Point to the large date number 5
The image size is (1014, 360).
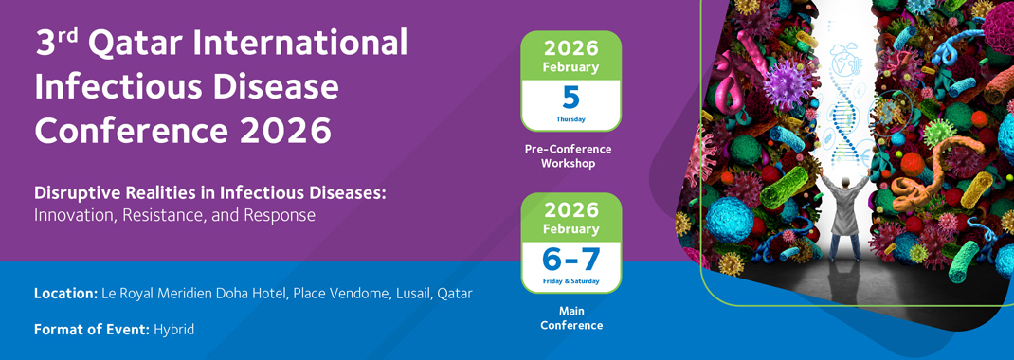click(x=571, y=97)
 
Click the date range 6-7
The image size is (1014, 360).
click(x=571, y=260)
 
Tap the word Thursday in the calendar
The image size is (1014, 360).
click(x=571, y=119)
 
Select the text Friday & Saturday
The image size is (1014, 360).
click(x=571, y=281)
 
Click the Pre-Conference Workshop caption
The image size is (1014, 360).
click(x=568, y=155)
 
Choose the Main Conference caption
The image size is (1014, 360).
click(x=571, y=318)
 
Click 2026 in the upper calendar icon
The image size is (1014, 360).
click(x=571, y=48)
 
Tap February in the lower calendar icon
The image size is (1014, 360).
click(x=571, y=229)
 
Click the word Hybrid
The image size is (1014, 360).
click(x=174, y=330)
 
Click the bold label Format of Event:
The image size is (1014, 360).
click(x=92, y=329)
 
